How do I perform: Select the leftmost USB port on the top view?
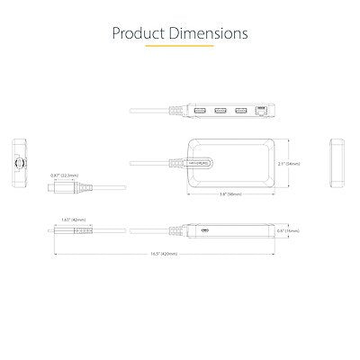pyautogui.click(x=200, y=112)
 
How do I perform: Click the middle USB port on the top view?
pyautogui.click(x=220, y=112)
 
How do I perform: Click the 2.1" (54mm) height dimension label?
pyautogui.click(x=289, y=163)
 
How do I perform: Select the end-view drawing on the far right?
pyautogui.click(x=338, y=163)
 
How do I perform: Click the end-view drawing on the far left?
pyautogui.click(x=19, y=163)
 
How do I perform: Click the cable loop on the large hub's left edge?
pyautogui.click(x=200, y=163)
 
